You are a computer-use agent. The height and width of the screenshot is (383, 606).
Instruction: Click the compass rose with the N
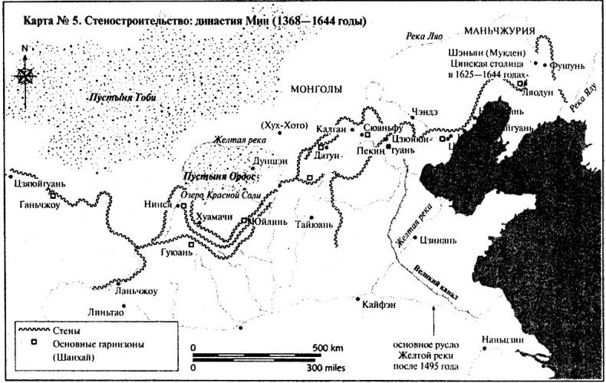click(x=25, y=74)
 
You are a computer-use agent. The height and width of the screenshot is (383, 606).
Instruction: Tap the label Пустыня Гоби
click(x=116, y=99)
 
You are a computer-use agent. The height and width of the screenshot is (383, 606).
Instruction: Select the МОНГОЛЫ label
click(x=315, y=90)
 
